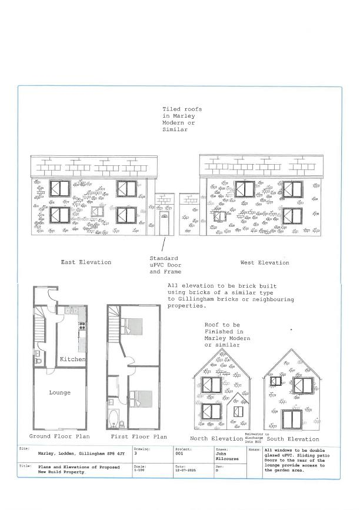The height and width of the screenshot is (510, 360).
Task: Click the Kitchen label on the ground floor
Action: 73,359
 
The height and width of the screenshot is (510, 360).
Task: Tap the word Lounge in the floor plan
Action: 59,392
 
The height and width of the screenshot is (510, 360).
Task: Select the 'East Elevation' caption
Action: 86,262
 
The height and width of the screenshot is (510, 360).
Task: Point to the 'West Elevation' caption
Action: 265,262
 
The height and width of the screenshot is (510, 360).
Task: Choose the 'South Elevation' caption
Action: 293,439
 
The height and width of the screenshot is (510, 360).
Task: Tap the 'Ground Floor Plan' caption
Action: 59,436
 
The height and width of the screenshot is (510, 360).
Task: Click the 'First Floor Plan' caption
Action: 139,436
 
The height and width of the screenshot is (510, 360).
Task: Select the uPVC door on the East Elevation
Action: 164,224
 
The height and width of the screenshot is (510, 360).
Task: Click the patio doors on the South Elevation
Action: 292,419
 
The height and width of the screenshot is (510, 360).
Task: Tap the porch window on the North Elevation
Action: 238,411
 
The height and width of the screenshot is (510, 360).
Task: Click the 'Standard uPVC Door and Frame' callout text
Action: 164,265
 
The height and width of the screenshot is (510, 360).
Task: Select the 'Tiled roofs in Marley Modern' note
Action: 179,119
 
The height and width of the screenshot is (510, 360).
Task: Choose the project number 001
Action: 179,454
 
